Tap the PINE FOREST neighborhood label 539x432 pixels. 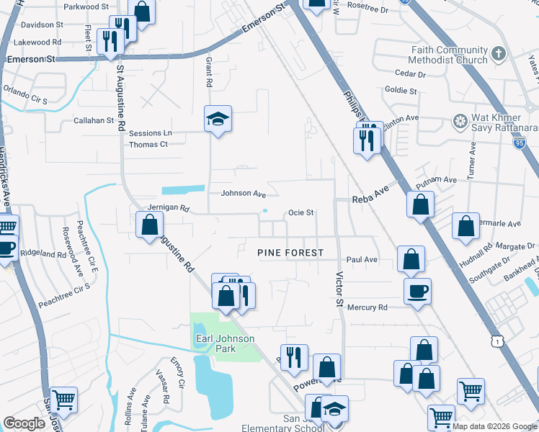pyautogui.click(x=290, y=253)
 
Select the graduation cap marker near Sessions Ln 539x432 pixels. pyautogui.click(x=218, y=119)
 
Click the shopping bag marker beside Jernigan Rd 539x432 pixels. pyautogui.click(x=149, y=224)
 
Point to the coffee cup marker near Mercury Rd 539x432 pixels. pyautogui.click(x=418, y=292)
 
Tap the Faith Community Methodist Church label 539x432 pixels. pyautogui.click(x=450, y=55)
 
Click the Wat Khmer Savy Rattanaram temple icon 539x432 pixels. pyautogui.click(x=459, y=120)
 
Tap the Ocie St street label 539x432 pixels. pyautogui.click(x=301, y=212)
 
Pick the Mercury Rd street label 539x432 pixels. pyautogui.click(x=367, y=307)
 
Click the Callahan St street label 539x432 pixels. pyautogui.click(x=94, y=121)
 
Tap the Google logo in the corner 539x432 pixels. pyautogui.click(x=24, y=423)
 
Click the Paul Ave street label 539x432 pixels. pyautogui.click(x=362, y=259)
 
